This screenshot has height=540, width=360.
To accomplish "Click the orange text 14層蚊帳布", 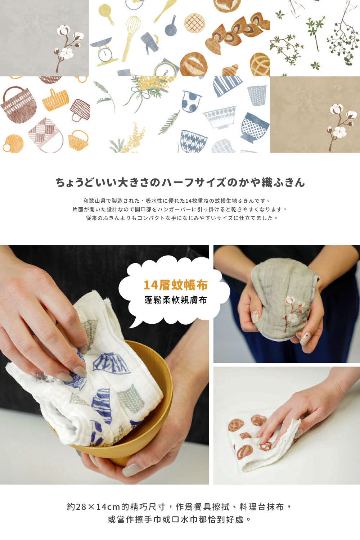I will pyautogui.click(x=175, y=285).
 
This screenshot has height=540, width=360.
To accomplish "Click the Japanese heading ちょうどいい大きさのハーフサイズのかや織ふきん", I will pyautogui.click(x=180, y=183).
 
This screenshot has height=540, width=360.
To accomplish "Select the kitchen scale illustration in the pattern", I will pyautogui.click(x=104, y=52).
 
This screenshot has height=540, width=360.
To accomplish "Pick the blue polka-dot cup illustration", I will pyautogui.click(x=191, y=101).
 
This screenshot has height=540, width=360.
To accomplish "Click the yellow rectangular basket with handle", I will pyautogui.click(x=55, y=100).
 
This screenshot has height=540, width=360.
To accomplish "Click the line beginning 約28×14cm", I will pyautogui.click(x=180, y=507).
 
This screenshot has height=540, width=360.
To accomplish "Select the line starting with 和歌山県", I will pyautogui.click(x=176, y=201).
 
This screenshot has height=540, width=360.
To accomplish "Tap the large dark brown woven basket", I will pyautogui.click(x=19, y=104).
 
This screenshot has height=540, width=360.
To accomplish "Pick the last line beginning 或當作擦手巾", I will pyautogui.click(x=180, y=519).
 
